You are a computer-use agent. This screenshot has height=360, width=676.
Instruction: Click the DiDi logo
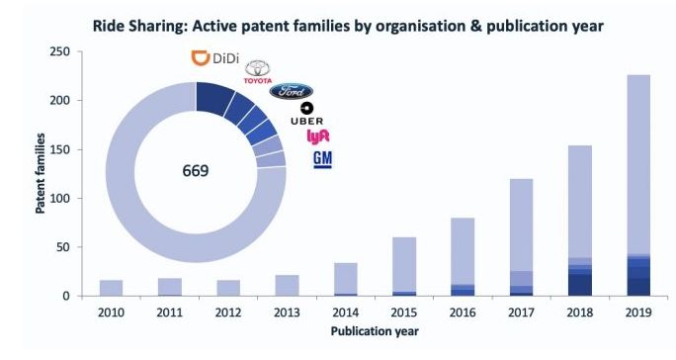coord(214,57)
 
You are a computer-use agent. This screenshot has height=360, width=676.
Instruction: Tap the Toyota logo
coord(258,72)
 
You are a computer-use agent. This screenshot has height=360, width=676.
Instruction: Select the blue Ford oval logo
coord(292,91)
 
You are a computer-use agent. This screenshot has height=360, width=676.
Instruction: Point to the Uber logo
coord(306,114)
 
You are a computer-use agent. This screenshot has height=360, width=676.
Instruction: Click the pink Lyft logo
coord(317,136)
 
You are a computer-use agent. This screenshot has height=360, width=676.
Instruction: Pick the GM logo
coord(322,159)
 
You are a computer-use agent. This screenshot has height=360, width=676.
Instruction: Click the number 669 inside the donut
coord(196,171)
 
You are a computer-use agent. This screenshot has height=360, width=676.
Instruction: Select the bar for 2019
coord(638,185)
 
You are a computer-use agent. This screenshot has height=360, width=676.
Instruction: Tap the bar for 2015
coord(404,266)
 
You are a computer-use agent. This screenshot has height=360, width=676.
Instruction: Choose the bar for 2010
coord(111,288)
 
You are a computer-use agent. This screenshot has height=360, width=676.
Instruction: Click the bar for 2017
coord(521,237)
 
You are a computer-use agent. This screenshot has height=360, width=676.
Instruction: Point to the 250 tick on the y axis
coord(59,51)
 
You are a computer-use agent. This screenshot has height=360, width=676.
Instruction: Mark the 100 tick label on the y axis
coord(59,199)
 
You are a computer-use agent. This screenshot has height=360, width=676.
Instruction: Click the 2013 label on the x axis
coord(287,313)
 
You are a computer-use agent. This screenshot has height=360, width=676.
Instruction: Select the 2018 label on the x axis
coord(580,313)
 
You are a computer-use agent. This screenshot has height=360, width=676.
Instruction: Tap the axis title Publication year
coord(375,331)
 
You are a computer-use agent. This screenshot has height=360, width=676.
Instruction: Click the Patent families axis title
coord(41,173)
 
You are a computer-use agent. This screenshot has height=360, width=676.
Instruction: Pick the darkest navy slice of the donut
coord(214,98)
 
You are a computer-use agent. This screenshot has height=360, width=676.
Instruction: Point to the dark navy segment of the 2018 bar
coord(580,285)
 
